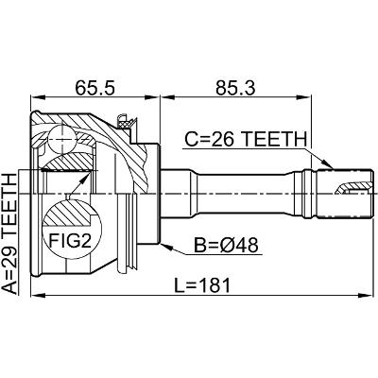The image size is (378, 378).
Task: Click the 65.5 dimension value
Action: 94,88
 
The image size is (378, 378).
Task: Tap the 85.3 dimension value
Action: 236,88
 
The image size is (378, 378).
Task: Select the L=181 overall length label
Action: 203,285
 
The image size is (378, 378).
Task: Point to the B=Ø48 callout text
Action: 226,245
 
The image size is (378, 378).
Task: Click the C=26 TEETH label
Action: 246,139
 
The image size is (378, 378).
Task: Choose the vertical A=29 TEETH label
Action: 9,233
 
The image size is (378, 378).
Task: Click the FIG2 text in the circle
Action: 70,241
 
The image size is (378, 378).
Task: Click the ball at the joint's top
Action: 62,139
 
